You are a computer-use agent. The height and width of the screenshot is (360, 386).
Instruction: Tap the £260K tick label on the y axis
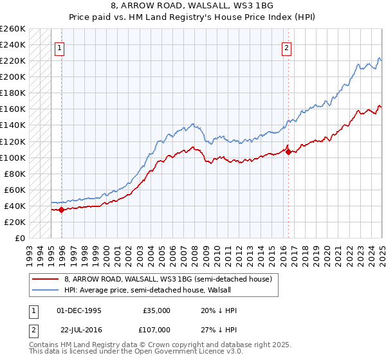click(x=13, y=29)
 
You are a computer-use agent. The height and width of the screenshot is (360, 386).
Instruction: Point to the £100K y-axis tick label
click(x=13, y=157)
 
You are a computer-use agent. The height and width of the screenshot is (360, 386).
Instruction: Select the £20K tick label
click(x=15, y=222)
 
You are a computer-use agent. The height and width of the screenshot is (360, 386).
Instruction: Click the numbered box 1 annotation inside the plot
click(x=59, y=47)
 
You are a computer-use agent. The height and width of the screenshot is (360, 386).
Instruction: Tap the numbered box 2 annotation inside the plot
click(x=286, y=47)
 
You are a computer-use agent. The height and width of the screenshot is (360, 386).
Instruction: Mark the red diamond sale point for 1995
click(x=61, y=210)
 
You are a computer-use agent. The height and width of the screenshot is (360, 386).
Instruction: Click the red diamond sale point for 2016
click(x=288, y=152)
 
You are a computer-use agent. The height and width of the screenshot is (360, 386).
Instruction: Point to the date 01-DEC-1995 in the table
click(x=78, y=310)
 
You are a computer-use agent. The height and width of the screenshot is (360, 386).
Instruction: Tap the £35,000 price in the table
click(x=155, y=310)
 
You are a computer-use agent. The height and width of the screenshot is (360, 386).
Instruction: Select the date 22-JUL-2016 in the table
click(x=78, y=329)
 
